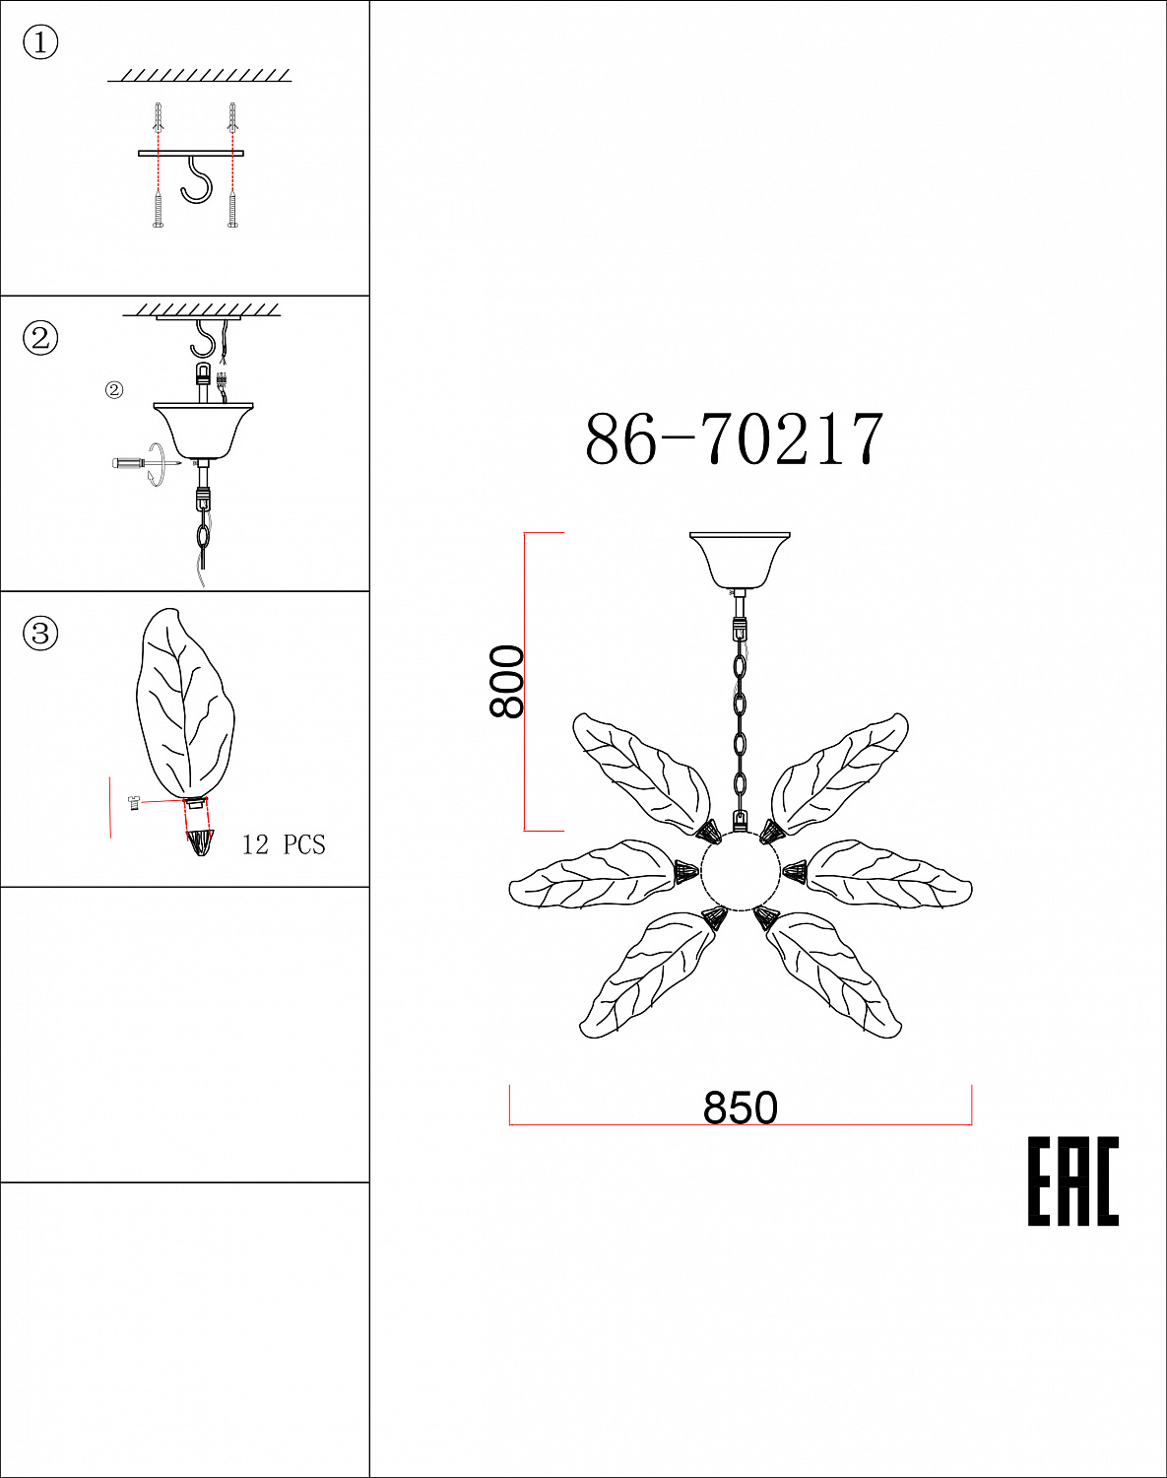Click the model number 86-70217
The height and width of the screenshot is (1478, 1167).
(734, 439)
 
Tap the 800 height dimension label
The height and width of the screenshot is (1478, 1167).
(506, 681)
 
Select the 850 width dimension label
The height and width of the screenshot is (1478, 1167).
(740, 1108)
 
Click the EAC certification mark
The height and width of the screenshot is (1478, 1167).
(1073, 1180)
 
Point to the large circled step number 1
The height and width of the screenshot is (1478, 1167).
(40, 42)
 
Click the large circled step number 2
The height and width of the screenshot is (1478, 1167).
(40, 338)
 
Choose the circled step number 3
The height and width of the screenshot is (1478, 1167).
(40, 634)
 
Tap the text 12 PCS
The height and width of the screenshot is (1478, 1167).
(284, 844)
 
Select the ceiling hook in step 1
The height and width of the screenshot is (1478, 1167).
(196, 180)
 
